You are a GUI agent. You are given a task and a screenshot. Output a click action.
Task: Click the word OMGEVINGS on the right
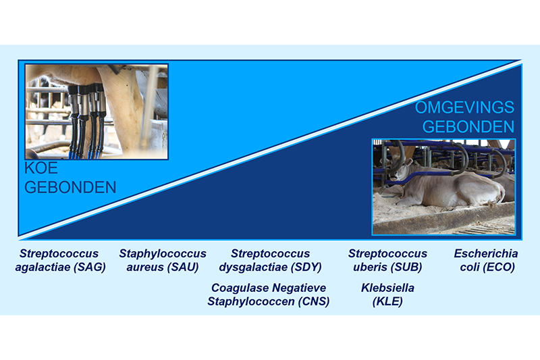point(464,107)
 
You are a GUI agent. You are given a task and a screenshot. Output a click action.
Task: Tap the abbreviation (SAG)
point(86,267)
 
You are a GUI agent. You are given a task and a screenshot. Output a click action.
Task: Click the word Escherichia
point(486,254)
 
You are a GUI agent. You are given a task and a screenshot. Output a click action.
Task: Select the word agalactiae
point(41,267)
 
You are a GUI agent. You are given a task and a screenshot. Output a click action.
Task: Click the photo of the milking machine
point(97,111)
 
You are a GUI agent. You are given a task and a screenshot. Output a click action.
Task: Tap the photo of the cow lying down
point(443,186)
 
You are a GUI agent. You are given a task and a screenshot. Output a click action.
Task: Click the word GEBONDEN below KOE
point(70,187)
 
